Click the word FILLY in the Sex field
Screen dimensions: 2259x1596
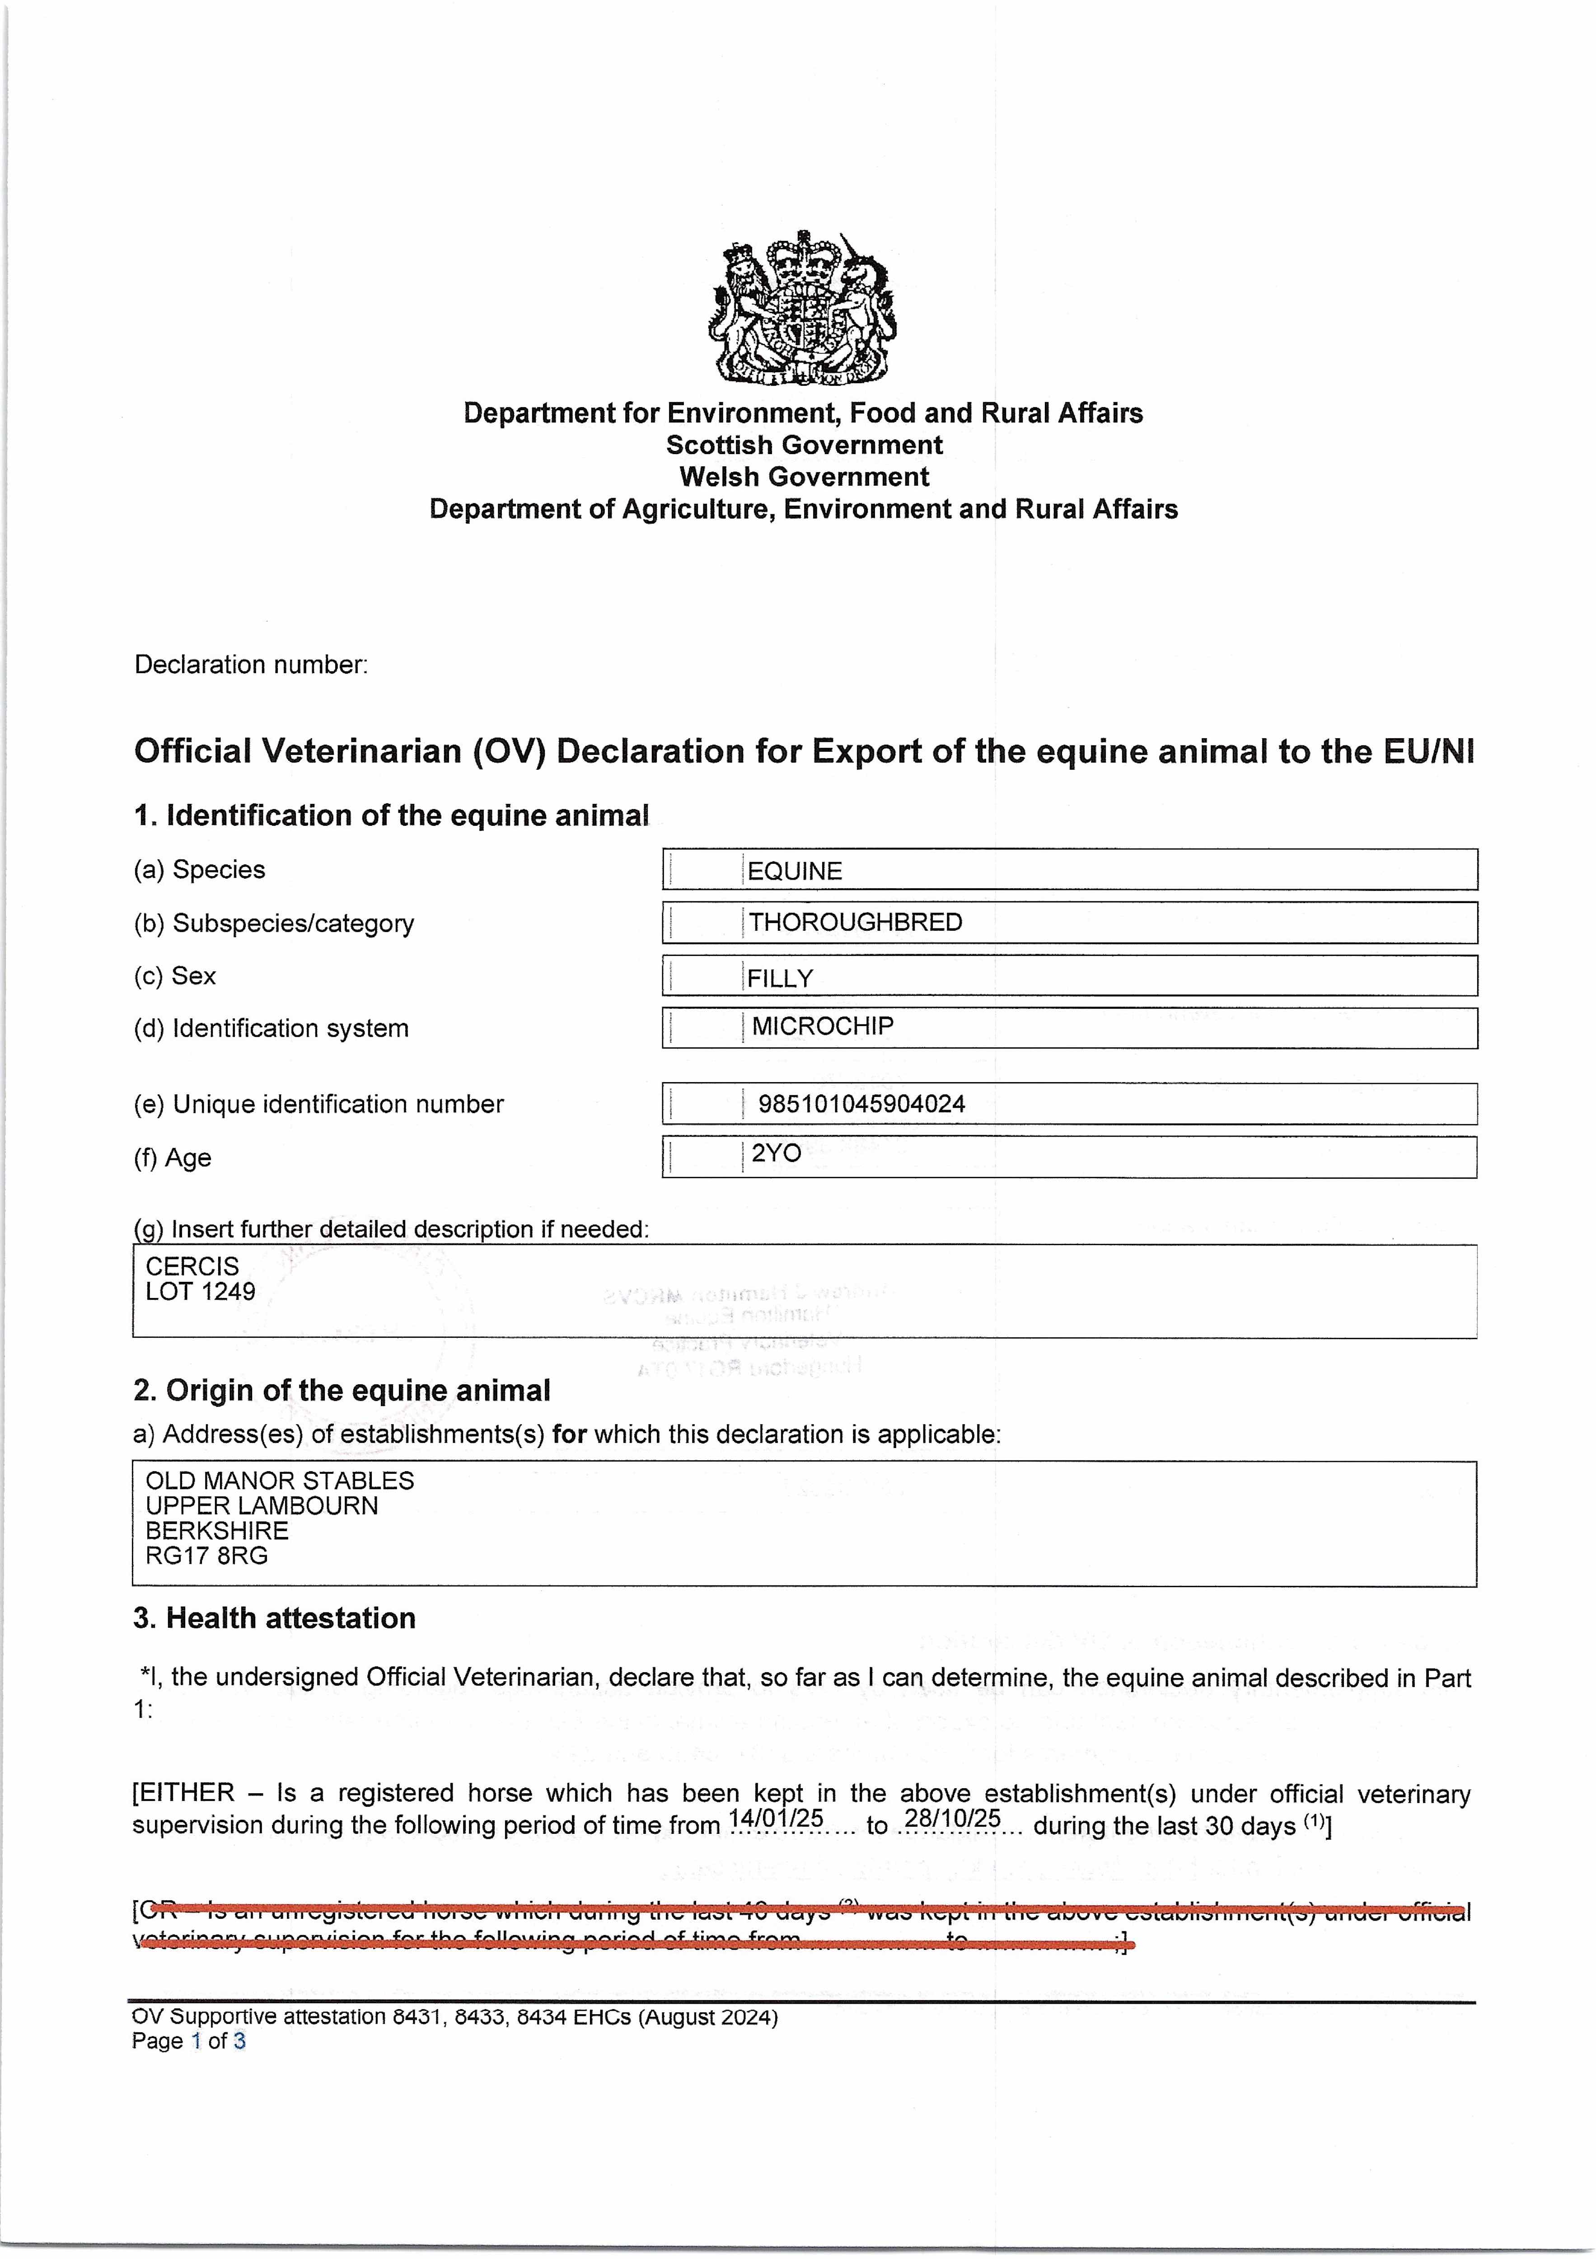coord(780,979)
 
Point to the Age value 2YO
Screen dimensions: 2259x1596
coord(777,1153)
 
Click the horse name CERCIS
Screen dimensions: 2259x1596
coord(192,1266)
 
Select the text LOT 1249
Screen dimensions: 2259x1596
coord(201,1292)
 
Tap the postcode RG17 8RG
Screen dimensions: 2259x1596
coord(206,1556)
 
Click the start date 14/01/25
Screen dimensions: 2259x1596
coord(775,1818)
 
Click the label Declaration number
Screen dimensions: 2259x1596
coord(251,665)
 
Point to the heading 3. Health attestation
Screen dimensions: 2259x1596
coord(275,1618)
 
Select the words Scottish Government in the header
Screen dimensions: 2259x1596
coord(804,445)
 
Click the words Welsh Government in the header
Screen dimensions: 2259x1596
coord(804,477)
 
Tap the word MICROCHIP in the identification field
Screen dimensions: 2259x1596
coord(823,1026)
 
